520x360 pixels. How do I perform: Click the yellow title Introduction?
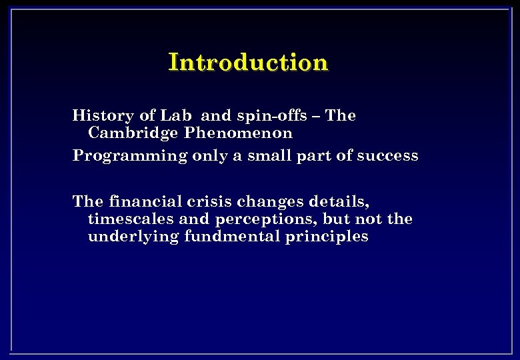(248, 62)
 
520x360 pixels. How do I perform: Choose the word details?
(339, 201)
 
